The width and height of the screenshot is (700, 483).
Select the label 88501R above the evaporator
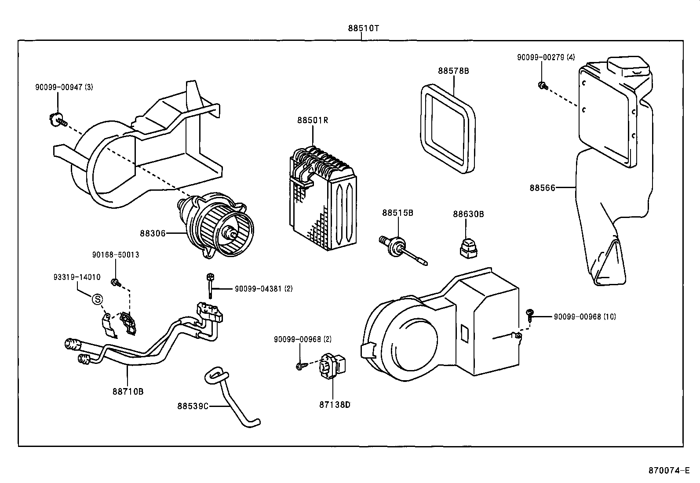(313, 120)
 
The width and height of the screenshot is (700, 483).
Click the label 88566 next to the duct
(542, 188)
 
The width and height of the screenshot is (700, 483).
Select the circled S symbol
(97, 299)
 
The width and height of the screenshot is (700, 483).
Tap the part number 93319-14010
(77, 277)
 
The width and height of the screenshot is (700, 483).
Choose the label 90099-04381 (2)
(263, 289)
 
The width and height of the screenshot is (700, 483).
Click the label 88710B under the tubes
(128, 391)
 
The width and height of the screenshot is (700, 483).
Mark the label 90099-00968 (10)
(585, 316)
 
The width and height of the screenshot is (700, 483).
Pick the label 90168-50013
(116, 254)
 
